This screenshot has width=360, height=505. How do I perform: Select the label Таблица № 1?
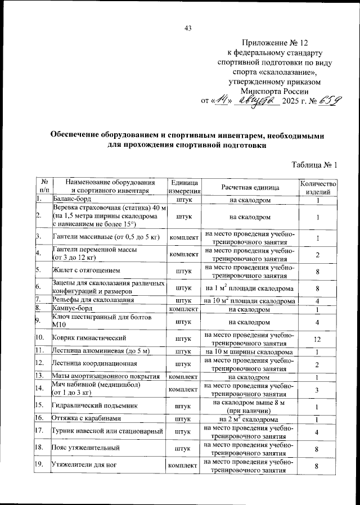[314, 165]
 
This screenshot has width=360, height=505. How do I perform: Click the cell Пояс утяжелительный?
[80, 449]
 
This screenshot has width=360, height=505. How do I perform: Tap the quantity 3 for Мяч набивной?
[318, 390]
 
